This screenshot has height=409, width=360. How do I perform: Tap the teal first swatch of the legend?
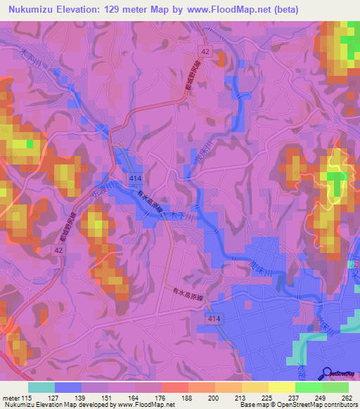(41, 387)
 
